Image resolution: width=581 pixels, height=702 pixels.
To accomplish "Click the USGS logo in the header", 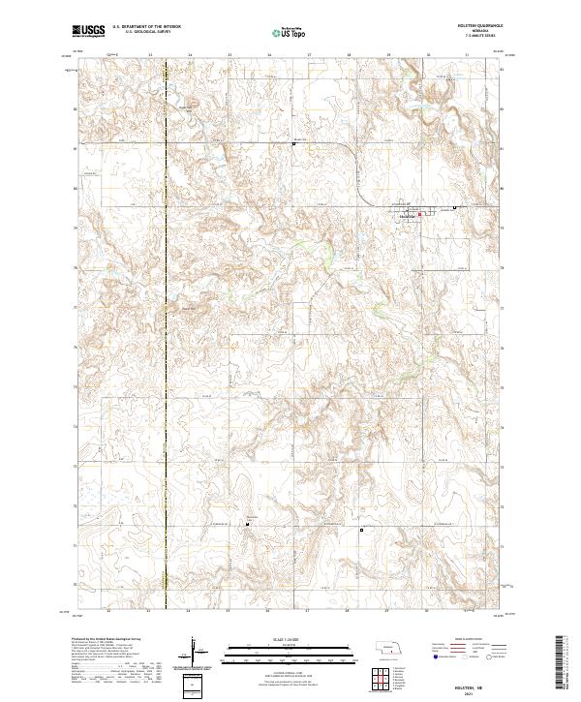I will (88, 31).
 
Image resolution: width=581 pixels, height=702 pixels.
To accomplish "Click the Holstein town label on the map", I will (407, 215).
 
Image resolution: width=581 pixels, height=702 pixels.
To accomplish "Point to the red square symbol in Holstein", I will (419, 214).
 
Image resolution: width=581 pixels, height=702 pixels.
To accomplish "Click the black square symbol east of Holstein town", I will (456, 208).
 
